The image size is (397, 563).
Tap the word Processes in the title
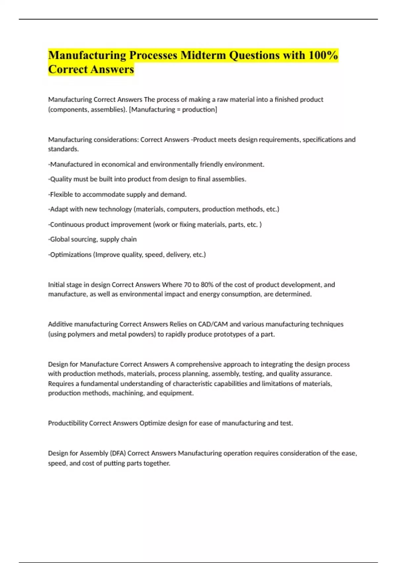click(153, 55)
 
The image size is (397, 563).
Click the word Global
click(60, 239)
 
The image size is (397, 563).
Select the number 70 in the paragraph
click(187, 285)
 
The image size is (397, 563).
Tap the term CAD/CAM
click(213, 324)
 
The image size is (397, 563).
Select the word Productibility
click(68, 423)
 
